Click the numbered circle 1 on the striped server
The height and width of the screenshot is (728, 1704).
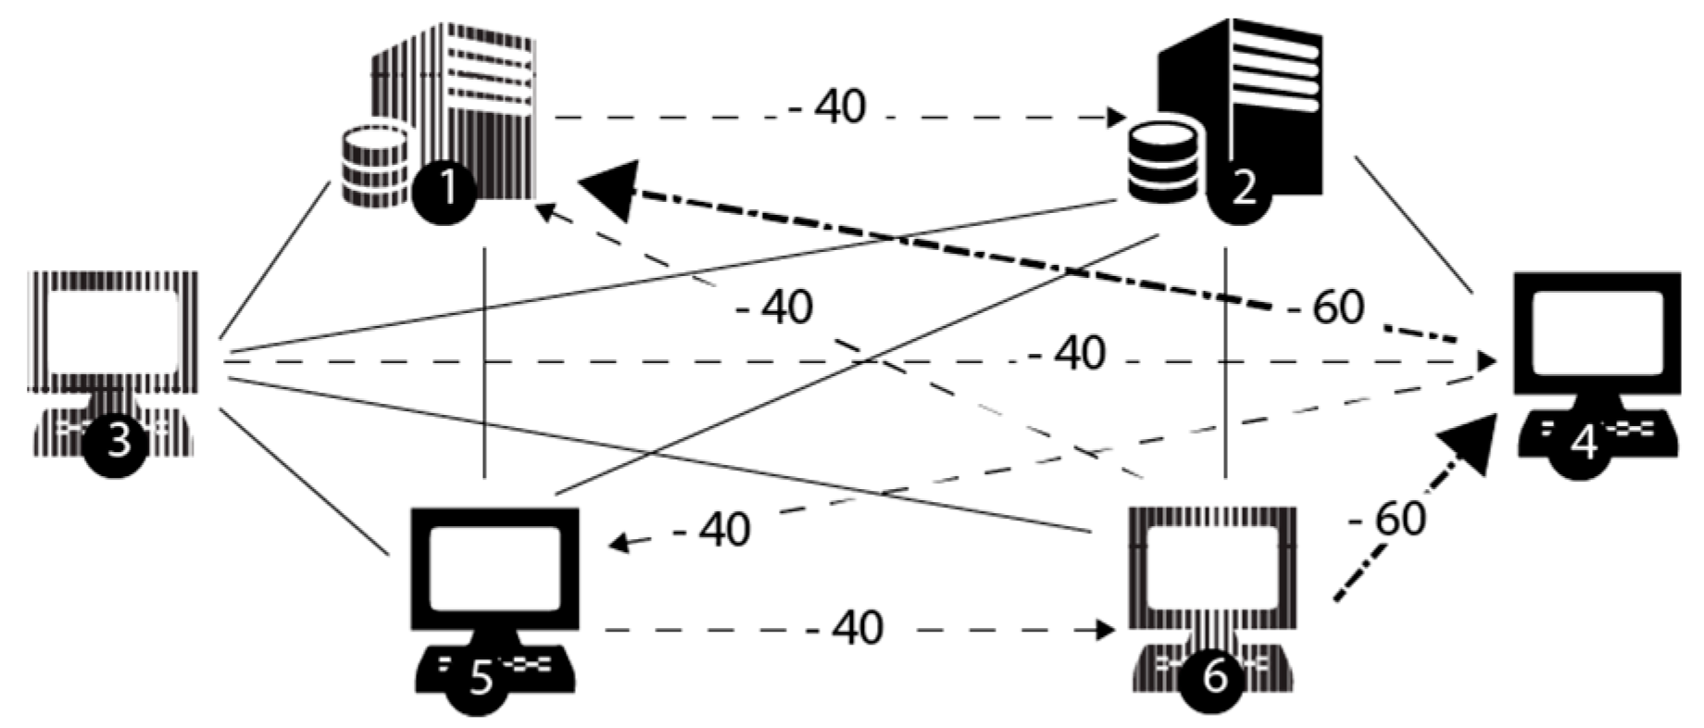445,190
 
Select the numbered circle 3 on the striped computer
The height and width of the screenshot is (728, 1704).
118,444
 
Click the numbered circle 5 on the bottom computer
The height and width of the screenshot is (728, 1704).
480,679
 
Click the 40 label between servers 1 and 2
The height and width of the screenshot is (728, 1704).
840,107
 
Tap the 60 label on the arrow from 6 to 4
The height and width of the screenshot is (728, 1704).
1399,519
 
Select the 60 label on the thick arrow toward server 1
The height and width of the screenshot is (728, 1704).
1337,308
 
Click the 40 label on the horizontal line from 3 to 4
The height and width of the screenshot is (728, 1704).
1080,354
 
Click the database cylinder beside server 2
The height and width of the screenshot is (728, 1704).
1163,163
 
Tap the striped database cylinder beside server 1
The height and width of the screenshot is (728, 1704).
374,167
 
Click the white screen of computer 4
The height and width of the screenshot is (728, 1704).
1597,331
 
